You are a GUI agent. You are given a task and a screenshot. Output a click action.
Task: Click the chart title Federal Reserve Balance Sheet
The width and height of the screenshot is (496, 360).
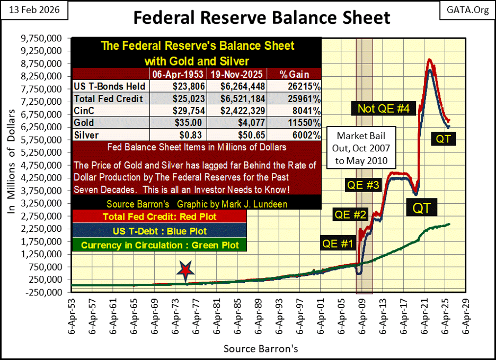[261, 18]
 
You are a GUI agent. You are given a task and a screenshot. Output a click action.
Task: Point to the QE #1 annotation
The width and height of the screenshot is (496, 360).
[338, 245]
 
